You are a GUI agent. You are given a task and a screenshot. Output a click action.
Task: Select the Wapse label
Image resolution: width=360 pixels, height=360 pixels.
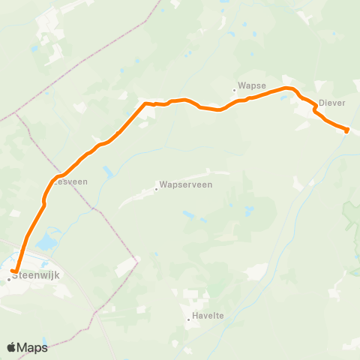[252, 87]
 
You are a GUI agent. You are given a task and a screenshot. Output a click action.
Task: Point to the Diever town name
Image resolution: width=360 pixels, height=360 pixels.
[331, 103]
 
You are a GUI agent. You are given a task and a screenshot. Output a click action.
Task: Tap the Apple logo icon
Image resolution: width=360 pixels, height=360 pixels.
[11, 347]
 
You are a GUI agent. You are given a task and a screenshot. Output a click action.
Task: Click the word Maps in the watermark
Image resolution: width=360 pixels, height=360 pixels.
[33, 347]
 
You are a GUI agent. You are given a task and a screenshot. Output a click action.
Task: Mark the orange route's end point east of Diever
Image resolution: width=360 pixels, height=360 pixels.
[346, 130]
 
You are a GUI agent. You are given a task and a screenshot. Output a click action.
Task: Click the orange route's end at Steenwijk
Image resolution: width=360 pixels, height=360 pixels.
[13, 271]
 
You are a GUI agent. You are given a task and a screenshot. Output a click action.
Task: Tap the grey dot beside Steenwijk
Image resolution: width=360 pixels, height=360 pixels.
[8, 279]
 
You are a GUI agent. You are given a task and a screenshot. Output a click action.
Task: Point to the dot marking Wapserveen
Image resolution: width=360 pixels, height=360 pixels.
[156, 188]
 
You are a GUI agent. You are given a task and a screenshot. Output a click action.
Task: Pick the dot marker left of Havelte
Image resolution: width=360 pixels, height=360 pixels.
[189, 319]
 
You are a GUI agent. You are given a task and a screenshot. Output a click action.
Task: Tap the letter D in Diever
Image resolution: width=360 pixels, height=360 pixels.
[321, 103]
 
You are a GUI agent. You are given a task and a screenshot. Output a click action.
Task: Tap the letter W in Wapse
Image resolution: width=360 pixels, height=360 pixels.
[241, 87]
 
